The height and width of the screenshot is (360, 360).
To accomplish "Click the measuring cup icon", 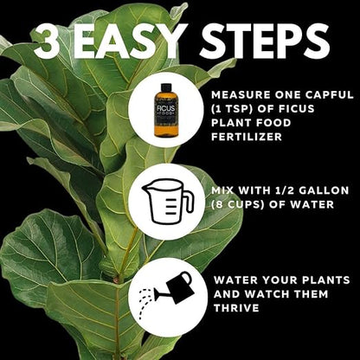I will tap(164, 202).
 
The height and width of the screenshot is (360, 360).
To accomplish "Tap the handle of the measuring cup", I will tap(185, 202).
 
